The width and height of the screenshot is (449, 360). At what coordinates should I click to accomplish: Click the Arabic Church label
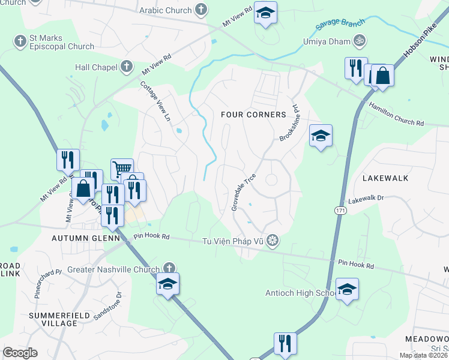pos(165,10)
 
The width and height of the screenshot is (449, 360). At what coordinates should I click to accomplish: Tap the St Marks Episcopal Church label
pos(62,42)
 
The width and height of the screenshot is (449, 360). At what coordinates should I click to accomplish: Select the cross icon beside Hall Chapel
pos(127,67)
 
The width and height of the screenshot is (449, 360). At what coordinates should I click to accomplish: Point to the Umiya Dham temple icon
pos(359,41)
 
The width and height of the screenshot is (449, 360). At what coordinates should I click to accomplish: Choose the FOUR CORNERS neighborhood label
pos(253,115)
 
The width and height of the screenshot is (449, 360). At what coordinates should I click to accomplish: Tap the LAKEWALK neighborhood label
pos(385,178)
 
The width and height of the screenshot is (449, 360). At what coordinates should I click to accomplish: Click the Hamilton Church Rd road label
pos(396,114)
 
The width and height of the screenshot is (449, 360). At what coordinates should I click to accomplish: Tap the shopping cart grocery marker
pos(122,169)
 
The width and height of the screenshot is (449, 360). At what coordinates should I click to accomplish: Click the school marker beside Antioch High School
pos(347,290)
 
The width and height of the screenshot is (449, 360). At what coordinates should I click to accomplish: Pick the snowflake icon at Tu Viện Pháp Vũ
pos(273,241)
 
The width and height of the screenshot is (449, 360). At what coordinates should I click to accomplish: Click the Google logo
pos(20,353)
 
